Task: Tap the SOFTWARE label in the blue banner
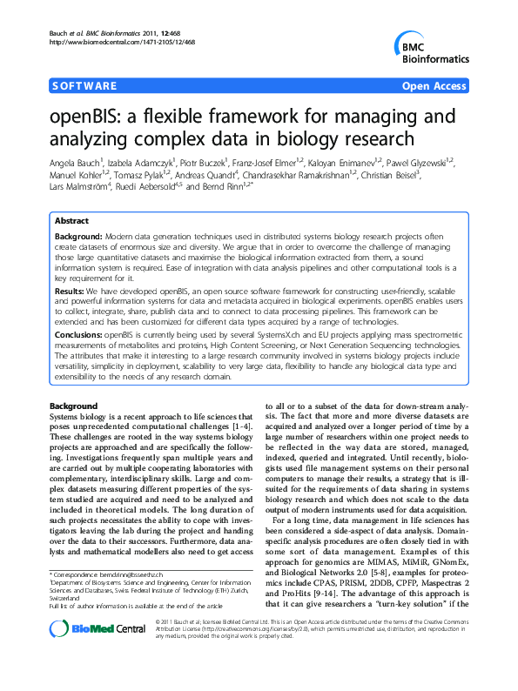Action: click(x=84, y=86)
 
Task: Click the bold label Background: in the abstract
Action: click(x=78, y=237)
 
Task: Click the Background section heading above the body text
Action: click(x=73, y=406)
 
